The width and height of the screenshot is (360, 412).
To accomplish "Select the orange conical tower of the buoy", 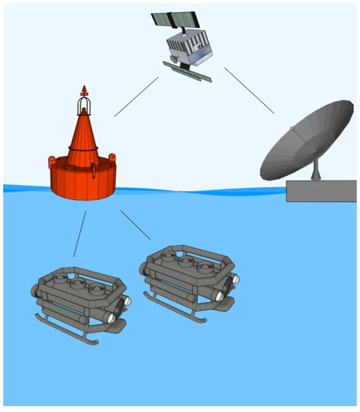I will click(85, 139).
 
